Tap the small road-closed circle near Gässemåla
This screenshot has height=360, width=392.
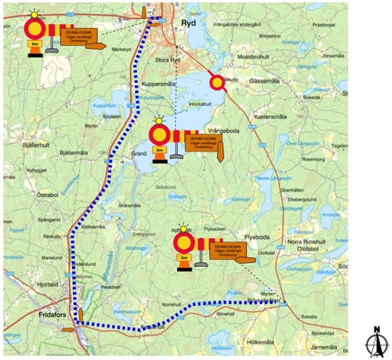(x=217, y=82)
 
